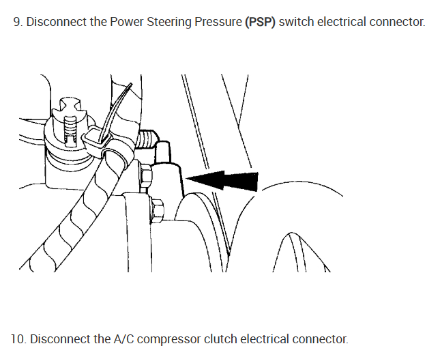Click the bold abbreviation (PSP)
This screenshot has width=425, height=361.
tap(261, 22)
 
